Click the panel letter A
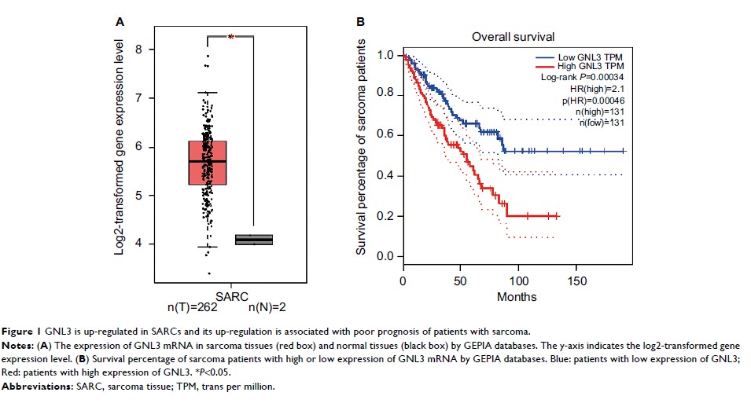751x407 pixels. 120,23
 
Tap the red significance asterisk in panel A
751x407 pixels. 231,36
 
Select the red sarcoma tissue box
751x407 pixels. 208,163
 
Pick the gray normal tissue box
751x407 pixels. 254,240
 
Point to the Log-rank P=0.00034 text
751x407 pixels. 580,79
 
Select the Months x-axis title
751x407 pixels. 516,298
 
